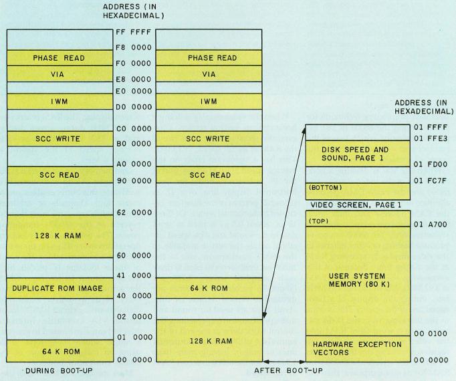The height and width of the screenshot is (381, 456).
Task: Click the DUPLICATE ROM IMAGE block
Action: click(x=60, y=288)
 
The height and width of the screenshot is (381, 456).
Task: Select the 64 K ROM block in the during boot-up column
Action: click(x=60, y=351)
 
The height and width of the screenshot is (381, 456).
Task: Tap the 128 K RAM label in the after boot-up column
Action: click(x=211, y=341)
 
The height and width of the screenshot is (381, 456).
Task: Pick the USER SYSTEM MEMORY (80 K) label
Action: click(x=360, y=280)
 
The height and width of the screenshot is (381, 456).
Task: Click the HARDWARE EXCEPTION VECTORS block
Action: click(x=358, y=349)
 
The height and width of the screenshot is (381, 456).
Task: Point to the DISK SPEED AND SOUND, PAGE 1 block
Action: click(x=358, y=154)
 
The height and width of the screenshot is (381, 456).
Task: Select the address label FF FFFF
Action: click(x=134, y=32)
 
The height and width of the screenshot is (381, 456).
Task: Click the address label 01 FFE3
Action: click(x=431, y=138)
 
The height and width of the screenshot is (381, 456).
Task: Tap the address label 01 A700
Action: click(x=431, y=225)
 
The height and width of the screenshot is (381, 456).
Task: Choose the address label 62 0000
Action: click(x=134, y=213)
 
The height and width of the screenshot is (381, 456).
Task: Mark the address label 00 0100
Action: click(x=431, y=334)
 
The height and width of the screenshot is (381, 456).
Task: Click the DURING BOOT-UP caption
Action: click(x=59, y=371)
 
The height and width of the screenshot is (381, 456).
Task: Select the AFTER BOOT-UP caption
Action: click(x=288, y=370)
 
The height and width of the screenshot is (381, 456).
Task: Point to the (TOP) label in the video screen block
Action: click(x=318, y=221)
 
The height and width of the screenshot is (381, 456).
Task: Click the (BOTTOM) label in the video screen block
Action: click(x=325, y=188)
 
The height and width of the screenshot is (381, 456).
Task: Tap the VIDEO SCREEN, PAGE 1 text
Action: click(x=356, y=205)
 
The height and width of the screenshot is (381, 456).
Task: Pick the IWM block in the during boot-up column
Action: click(x=60, y=102)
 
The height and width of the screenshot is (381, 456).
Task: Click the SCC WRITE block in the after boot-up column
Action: click(x=209, y=139)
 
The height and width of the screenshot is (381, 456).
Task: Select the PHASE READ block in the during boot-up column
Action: click(x=60, y=58)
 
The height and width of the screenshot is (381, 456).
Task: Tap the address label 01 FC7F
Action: click(x=431, y=181)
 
